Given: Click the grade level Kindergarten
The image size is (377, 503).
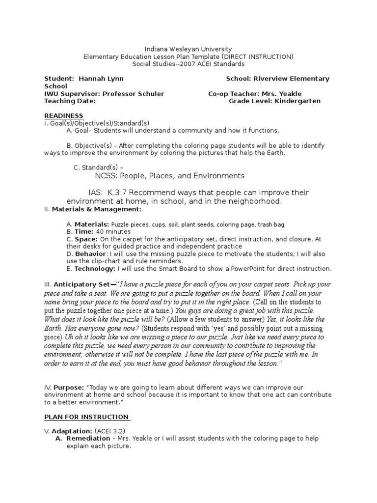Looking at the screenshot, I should point(296,101).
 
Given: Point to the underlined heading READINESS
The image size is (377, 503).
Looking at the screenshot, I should point(64,115).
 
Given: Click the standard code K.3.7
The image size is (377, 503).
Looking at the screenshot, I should point(121,192).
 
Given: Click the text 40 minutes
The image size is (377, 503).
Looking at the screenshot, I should point(113,231).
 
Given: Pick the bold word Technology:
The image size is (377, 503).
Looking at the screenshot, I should point(94,268).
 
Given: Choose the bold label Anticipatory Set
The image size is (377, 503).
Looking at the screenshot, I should point(83,284).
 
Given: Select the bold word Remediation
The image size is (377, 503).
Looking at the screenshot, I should point(88,438).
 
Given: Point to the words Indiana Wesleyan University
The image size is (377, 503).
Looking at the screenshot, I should point(188,50).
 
